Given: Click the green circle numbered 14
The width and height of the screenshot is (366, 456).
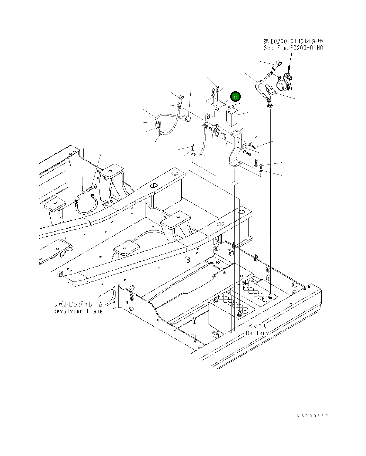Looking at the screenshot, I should pyautogui.click(x=235, y=97).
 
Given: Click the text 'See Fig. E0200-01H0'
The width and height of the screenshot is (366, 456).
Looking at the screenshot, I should pyautogui.click(x=293, y=48).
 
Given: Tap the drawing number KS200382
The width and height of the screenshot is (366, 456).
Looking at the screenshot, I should pyautogui.click(x=313, y=416).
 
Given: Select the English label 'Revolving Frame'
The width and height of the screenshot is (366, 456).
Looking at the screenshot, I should pyautogui.click(x=78, y=311).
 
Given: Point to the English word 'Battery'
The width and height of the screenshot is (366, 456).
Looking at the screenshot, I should pyautogui.click(x=257, y=333).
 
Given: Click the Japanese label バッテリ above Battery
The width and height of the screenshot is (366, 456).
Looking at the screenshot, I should pyautogui.click(x=258, y=326).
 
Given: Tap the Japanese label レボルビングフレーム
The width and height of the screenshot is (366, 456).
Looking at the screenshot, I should pyautogui.click(x=78, y=304).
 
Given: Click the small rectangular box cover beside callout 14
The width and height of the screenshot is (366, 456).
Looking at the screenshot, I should pyautogui.click(x=232, y=117).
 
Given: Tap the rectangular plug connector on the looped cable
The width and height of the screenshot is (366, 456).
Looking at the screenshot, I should pyautogui.click(x=186, y=119).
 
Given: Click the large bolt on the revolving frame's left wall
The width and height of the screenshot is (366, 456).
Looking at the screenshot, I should pyautogui.click(x=92, y=188).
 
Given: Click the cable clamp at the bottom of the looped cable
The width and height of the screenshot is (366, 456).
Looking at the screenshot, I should pyautogui.click(x=160, y=134).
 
